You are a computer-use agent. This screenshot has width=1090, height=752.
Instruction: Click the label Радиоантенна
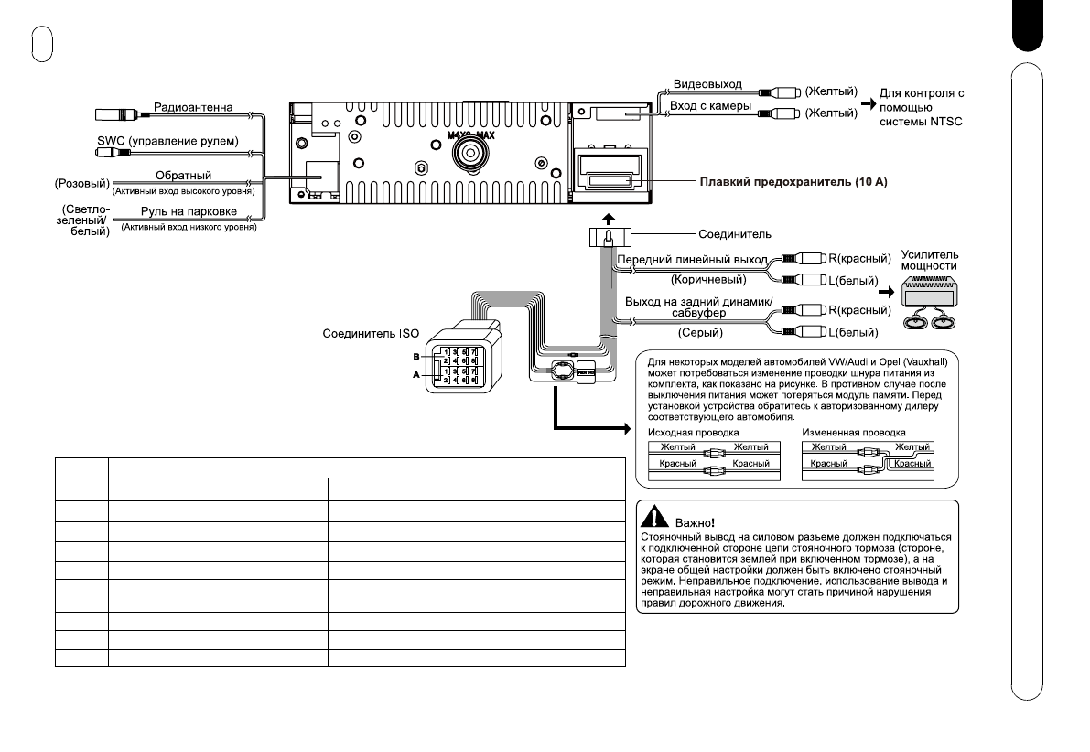pos(193,108)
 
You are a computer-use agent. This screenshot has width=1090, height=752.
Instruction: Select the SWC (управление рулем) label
pos(167,142)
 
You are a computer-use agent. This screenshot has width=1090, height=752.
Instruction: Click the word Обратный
pos(182,175)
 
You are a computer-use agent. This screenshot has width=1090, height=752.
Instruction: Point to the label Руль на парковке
pos(183,212)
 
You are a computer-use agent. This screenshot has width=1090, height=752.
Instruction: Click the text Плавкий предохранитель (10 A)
pos(793,182)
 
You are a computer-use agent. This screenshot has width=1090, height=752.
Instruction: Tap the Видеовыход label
pos(707,85)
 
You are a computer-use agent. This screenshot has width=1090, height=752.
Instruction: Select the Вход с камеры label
pos(712,106)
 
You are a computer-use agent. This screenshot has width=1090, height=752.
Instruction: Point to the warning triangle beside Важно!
pos(653,515)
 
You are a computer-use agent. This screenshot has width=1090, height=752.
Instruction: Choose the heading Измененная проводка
pos(853,432)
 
